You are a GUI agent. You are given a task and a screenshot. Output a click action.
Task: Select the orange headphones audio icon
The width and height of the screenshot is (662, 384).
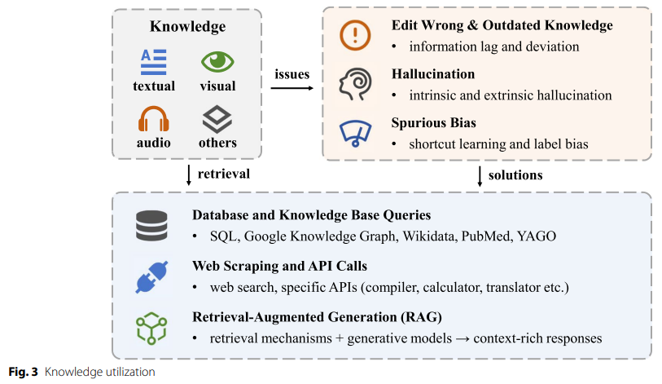153,119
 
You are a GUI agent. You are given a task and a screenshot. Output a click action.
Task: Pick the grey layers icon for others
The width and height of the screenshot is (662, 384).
217,119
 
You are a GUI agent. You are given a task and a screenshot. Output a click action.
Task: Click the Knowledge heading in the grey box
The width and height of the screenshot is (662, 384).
187,27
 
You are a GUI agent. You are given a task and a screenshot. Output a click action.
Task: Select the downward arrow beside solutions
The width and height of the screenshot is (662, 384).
479,174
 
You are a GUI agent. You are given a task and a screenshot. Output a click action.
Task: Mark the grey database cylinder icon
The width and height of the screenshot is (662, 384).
151,225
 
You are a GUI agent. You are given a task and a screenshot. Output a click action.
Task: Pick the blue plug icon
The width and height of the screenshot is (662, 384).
151,276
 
